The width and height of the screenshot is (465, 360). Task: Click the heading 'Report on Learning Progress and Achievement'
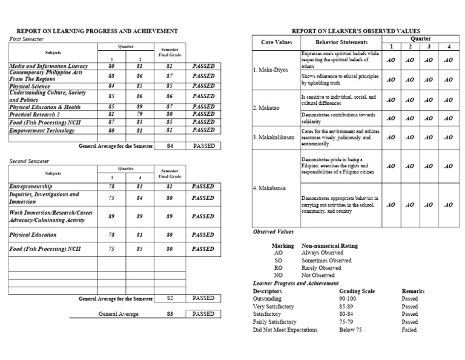tap(96, 30)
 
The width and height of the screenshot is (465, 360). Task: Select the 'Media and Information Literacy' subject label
tap(48, 66)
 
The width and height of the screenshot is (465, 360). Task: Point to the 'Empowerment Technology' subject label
tap(41, 129)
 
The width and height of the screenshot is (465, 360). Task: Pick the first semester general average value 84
tap(170, 146)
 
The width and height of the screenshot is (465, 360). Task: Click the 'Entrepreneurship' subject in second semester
tap(31, 187)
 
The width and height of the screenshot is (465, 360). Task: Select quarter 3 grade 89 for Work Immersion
tap(111, 216)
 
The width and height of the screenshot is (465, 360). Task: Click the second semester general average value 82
tap(170, 298)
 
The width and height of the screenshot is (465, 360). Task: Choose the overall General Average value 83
tap(170, 314)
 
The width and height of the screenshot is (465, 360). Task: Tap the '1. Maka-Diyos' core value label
tap(270, 70)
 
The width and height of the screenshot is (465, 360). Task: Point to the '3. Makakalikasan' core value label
tap(274, 137)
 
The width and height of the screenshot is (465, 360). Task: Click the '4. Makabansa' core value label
tap(270, 188)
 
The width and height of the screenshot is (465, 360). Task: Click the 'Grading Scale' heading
tap(357, 291)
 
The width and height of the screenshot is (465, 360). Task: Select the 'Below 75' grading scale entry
tap(351, 330)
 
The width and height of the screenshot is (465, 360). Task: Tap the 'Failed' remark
tap(409, 330)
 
